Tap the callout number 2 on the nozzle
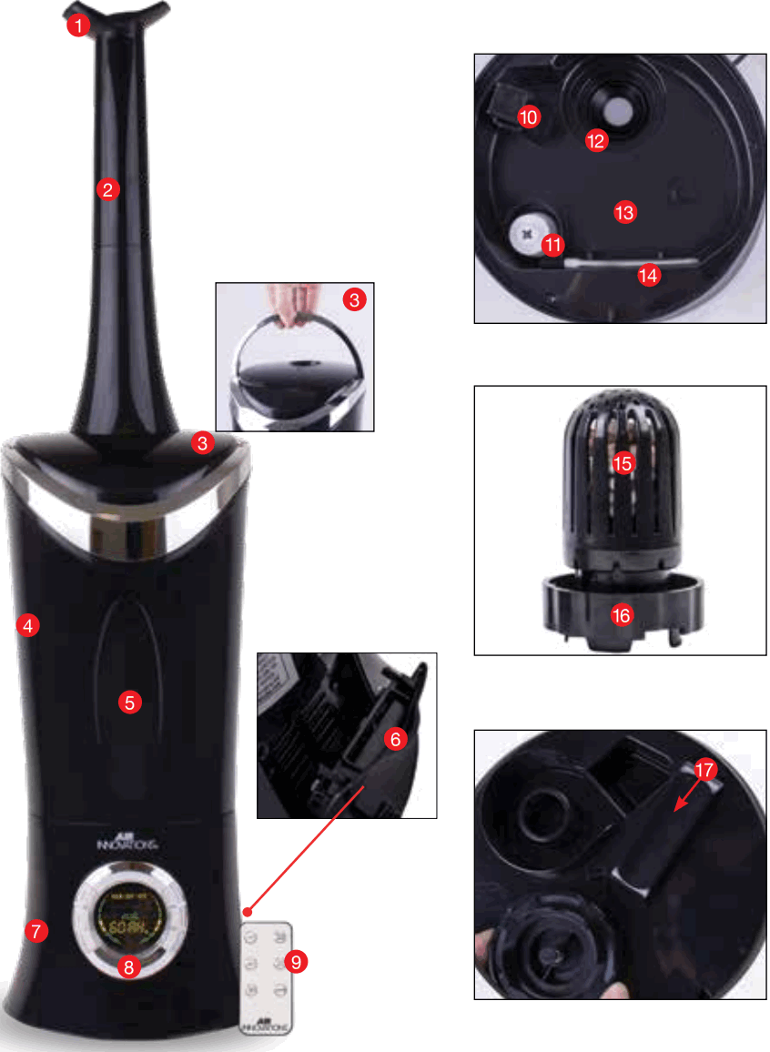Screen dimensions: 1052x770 pyautogui.click(x=107, y=190)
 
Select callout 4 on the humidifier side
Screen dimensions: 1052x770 pyautogui.click(x=28, y=625)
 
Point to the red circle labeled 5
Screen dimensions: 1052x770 pyautogui.click(x=129, y=702)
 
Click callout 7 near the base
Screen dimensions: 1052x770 pyautogui.click(x=35, y=931)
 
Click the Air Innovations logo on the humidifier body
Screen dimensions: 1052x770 pyautogui.click(x=128, y=843)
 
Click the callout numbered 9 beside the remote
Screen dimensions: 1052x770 pyautogui.click(x=295, y=961)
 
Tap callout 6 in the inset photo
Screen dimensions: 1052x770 pyautogui.click(x=395, y=740)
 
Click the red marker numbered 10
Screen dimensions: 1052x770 pyautogui.click(x=529, y=116)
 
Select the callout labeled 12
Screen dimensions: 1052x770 pyautogui.click(x=596, y=140)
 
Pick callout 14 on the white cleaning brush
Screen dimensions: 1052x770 pyautogui.click(x=649, y=276)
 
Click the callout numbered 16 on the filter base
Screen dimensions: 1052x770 pyautogui.click(x=622, y=616)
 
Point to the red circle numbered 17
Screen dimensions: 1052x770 pyautogui.click(x=704, y=771)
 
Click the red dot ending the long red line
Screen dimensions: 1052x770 pyautogui.click(x=248, y=911)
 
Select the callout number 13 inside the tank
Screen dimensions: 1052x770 pyautogui.click(x=624, y=212)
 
